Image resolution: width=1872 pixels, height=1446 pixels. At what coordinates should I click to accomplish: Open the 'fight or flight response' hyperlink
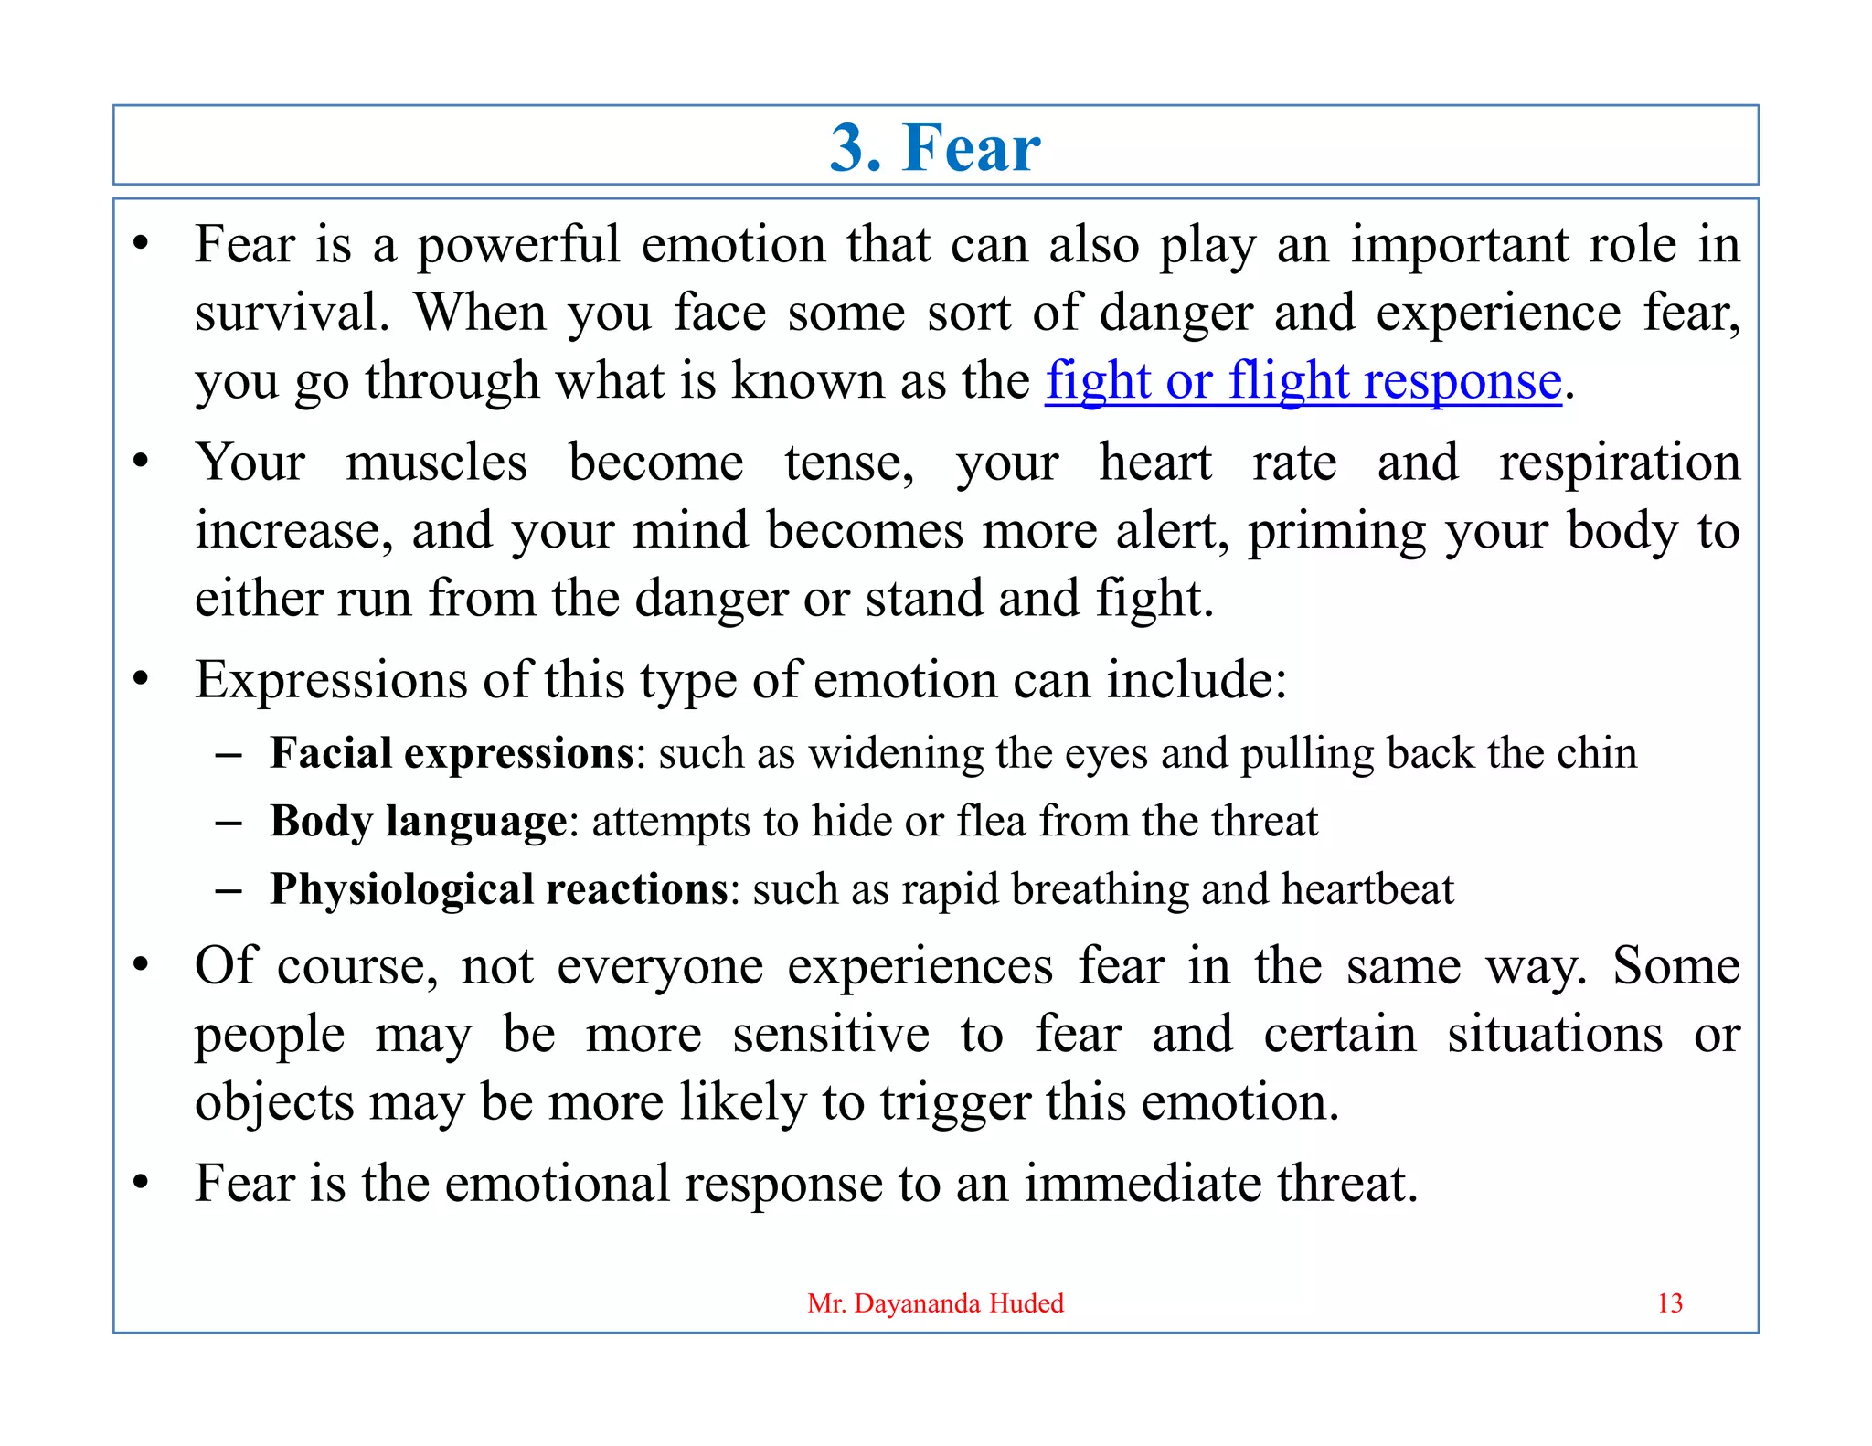point(1303,380)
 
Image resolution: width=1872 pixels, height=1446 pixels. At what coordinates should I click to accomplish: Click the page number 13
point(1669,1302)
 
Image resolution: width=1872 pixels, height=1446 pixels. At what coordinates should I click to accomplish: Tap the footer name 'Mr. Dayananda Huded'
point(935,1302)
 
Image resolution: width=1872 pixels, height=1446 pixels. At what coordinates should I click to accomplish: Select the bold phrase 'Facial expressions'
point(452,754)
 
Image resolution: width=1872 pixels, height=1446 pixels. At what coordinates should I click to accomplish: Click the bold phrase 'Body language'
point(418,821)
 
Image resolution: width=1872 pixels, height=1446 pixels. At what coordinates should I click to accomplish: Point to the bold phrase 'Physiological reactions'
point(499,889)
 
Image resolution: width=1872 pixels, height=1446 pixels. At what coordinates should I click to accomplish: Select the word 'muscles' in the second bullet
point(436,462)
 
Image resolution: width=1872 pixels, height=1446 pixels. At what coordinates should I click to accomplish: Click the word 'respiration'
point(1619,462)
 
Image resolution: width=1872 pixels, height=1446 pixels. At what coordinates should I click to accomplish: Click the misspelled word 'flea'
point(992,821)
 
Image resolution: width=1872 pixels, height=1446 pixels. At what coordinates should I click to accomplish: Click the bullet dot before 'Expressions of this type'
point(140,679)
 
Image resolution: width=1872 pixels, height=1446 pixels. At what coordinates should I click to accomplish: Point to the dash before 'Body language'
point(228,822)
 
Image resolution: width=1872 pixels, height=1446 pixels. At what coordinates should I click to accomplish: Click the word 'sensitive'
point(830,1035)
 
